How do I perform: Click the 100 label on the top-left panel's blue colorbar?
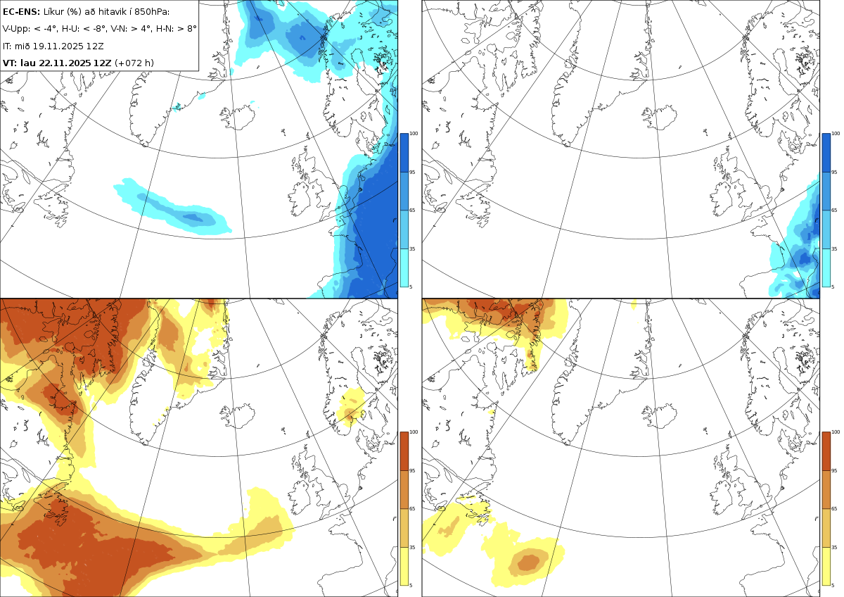tap(414, 134)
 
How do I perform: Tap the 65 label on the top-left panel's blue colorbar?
tap(413, 210)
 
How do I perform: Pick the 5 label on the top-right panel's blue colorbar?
tap(833, 287)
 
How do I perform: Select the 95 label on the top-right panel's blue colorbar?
tap(835, 172)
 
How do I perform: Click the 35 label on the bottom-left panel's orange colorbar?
tap(413, 547)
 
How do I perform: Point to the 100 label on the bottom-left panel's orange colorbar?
tap(414, 432)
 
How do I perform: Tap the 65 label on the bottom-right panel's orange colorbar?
tap(835, 509)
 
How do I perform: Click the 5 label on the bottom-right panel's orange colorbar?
tap(833, 585)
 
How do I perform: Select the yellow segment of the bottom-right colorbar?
tap(826, 566)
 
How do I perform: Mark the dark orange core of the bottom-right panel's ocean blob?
tap(528, 562)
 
